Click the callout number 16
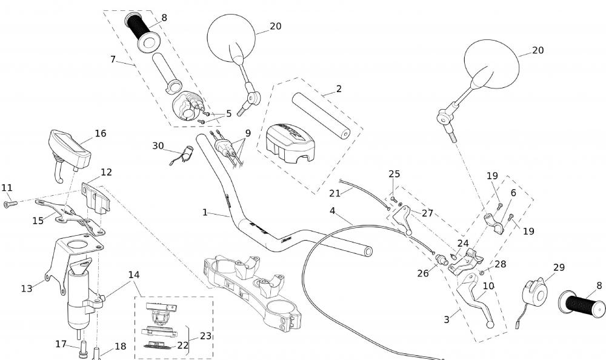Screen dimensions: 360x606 101,133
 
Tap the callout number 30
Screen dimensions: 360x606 158,145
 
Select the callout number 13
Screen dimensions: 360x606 27,288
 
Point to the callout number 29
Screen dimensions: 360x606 559,267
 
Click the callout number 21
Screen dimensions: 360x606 335,193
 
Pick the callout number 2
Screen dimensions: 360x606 339,88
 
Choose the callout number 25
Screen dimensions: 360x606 395,174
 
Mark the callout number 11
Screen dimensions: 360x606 7,188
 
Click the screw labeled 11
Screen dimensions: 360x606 10,204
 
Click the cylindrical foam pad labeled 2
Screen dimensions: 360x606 321,115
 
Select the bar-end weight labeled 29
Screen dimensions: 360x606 534,293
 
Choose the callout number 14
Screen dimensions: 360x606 134,275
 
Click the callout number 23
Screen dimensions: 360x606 206,336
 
